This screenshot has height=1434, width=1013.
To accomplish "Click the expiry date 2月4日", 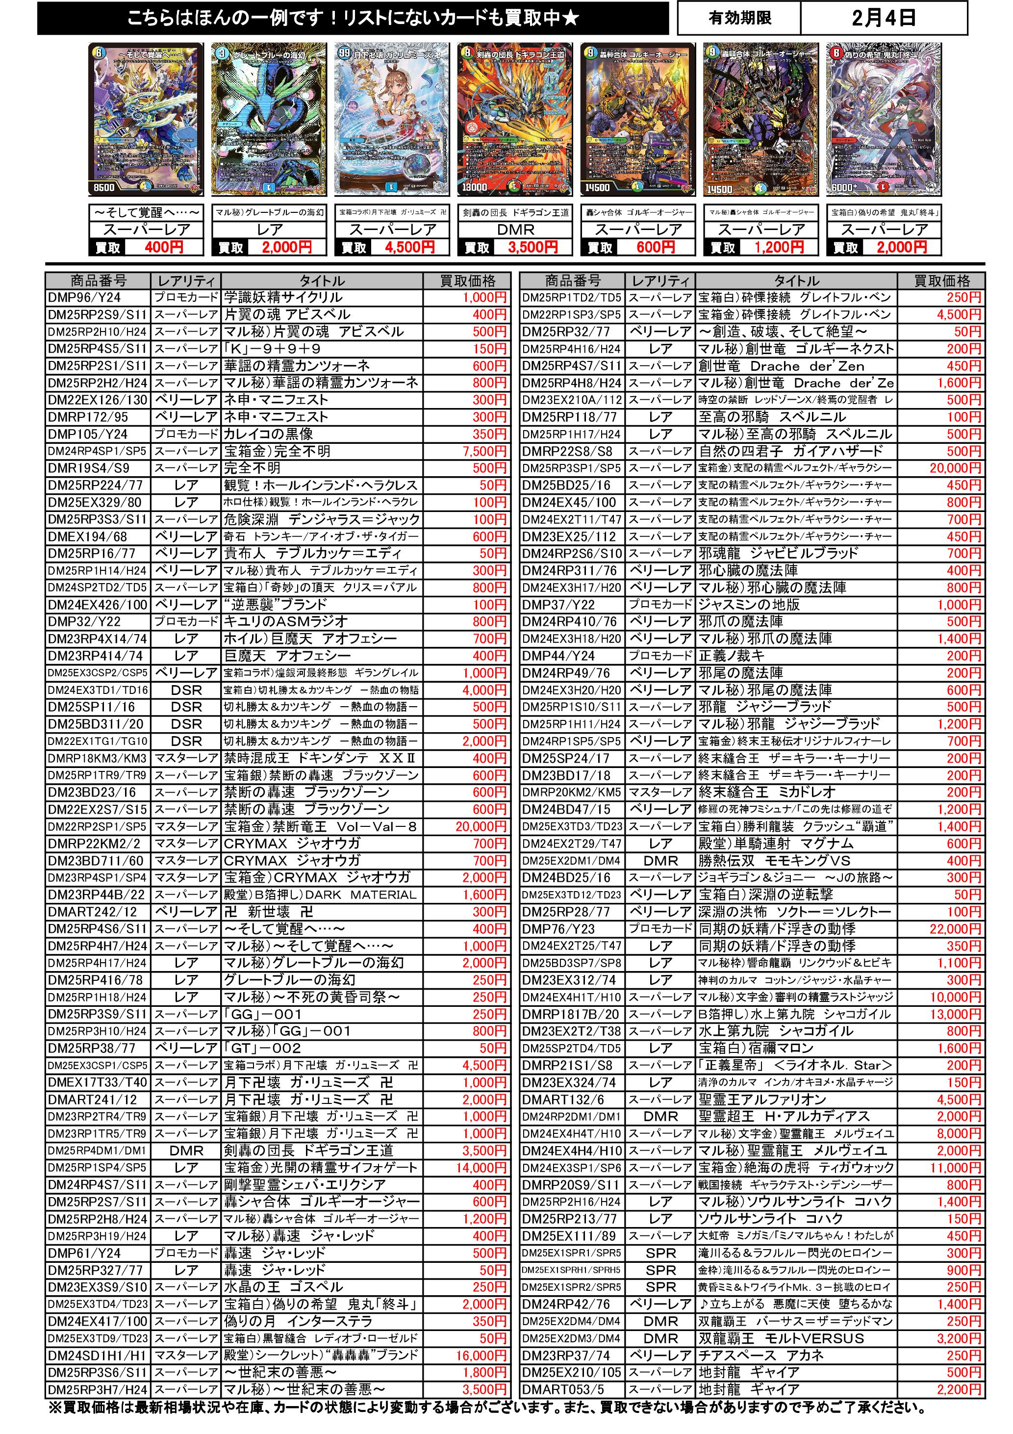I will coord(883,18).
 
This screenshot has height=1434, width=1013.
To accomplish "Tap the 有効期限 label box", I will coord(739,18).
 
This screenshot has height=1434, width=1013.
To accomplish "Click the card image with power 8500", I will coord(146,119).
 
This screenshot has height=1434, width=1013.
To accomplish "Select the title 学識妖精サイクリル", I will coord(283,297).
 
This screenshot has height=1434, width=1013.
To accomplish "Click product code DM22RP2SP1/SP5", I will coord(98,826).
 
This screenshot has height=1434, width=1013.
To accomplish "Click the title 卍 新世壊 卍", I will coord(269,912).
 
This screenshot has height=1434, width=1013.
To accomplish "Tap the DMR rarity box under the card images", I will coord(515,230).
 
